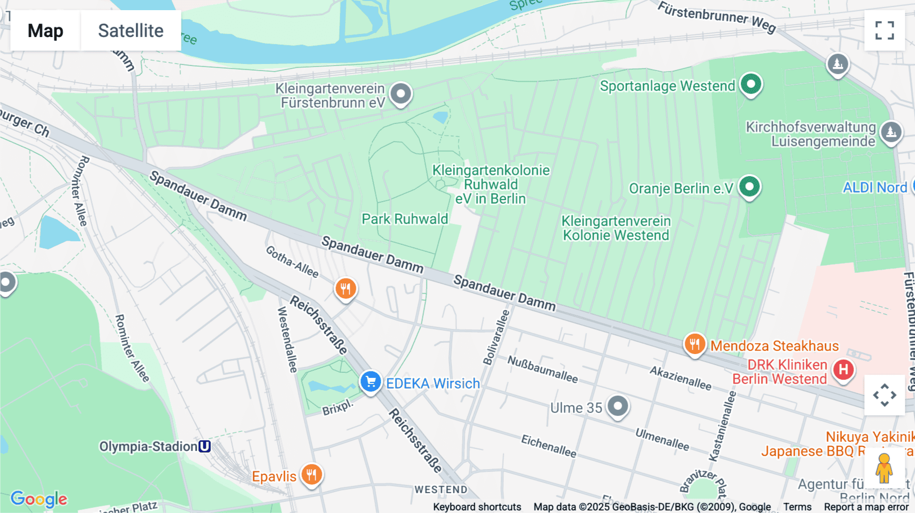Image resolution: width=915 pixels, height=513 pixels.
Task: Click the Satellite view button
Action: [131, 30]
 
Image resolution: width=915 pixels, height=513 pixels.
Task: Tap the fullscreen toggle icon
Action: [884, 30]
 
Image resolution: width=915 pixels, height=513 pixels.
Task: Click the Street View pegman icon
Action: [884, 468]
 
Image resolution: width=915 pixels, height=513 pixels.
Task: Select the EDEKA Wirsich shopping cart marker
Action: [371, 381]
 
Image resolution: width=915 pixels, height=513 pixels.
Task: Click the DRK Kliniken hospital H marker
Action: [843, 370]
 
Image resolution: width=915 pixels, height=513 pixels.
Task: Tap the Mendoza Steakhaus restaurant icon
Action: [694, 344]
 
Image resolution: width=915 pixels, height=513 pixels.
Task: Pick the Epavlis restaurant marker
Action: [312, 474]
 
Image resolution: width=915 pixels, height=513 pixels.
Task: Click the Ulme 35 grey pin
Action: [618, 406]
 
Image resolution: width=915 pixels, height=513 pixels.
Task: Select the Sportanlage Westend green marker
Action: [751, 84]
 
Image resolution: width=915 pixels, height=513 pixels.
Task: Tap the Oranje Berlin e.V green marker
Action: [749, 186]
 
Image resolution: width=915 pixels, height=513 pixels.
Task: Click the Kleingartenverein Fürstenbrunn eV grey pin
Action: [401, 93]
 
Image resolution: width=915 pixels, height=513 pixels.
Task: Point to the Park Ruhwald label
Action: [405, 219]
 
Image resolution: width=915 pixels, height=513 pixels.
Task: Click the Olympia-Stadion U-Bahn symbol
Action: [204, 446]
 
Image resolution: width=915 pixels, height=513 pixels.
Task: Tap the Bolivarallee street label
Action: [496, 337]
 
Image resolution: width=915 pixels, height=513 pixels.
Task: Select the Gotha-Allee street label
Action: [292, 262]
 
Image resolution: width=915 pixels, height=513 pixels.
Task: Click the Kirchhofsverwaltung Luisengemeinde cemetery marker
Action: [891, 132]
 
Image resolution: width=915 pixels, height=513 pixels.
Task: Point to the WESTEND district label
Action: [441, 490]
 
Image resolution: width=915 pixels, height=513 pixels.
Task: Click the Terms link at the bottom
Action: [797, 507]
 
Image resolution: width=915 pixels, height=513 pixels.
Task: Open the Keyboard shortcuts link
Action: [477, 507]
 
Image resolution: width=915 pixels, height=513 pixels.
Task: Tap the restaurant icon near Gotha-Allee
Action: [346, 289]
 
